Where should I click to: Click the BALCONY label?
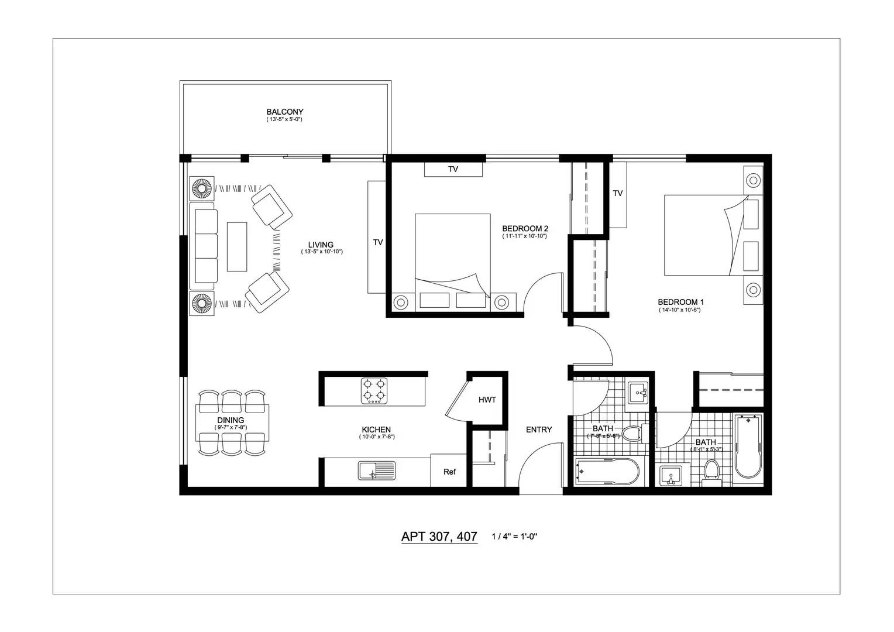(x=285, y=112)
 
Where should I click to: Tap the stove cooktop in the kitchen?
(x=374, y=391)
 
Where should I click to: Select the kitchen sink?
(x=377, y=470)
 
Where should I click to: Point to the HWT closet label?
(x=487, y=400)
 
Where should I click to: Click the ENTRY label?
(x=538, y=430)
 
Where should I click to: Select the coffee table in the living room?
(x=237, y=246)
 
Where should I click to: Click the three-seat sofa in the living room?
(x=203, y=246)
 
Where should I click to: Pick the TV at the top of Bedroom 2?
(x=453, y=169)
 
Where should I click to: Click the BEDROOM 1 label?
(x=680, y=302)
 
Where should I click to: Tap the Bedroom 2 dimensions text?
(x=524, y=236)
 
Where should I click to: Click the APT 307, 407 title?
(x=439, y=536)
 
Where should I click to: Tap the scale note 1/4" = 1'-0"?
(x=514, y=537)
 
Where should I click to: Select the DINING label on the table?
(x=231, y=420)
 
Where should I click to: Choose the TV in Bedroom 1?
(x=617, y=194)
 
